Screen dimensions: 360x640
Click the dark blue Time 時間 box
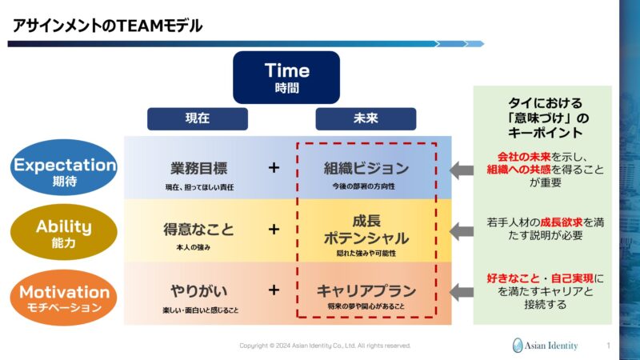(286, 77)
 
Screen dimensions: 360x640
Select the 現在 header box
(197, 118)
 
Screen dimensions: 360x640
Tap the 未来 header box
(365, 118)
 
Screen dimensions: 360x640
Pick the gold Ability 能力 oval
(64, 232)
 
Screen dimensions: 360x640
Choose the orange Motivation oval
(64, 297)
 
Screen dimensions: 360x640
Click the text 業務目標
(199, 169)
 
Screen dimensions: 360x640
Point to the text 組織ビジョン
(366, 169)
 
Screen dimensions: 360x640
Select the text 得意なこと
(198, 230)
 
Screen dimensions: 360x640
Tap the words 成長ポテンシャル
(366, 229)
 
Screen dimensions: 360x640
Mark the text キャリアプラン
(366, 290)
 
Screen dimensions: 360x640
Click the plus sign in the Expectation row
(274, 168)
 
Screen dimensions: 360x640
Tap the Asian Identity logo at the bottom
(546, 345)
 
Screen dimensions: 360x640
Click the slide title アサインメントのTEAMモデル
(107, 26)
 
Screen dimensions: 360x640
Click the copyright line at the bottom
(325, 346)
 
